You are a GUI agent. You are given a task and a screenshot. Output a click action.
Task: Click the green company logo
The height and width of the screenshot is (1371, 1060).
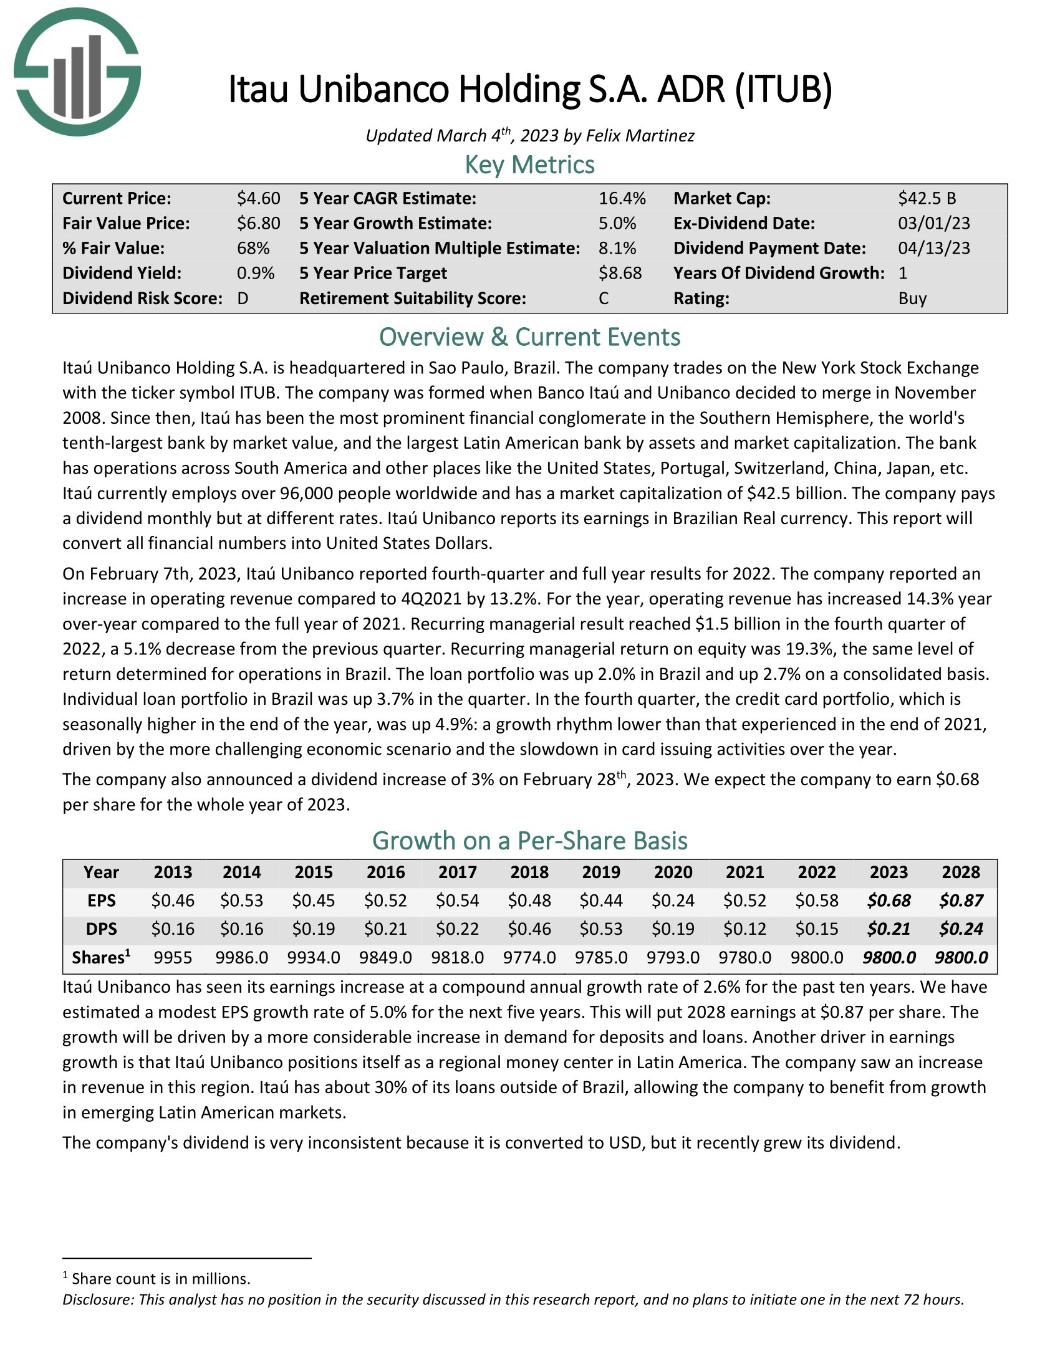coord(77,72)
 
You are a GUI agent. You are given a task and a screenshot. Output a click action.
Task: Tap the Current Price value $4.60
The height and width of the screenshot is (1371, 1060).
coord(258,198)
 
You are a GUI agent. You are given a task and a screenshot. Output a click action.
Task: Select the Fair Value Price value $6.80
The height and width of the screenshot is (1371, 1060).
coord(258,224)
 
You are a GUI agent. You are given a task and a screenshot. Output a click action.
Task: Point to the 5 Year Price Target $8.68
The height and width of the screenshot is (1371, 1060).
coord(620,273)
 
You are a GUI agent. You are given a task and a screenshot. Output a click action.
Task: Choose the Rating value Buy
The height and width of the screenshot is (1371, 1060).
coord(912,298)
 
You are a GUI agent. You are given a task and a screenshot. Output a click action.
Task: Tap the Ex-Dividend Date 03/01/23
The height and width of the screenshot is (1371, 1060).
coord(933,224)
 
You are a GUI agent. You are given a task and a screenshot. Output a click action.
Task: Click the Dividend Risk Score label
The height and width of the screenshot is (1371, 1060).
coord(142,298)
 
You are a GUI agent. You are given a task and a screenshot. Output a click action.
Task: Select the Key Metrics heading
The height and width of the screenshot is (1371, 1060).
coord(529,165)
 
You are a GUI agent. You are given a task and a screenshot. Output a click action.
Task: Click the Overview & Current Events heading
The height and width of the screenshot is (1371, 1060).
coord(529,338)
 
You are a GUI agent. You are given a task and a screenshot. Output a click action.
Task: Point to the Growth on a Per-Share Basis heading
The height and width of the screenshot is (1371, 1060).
coord(529,841)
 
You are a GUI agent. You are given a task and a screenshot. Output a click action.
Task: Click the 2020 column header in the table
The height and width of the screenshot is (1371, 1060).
coord(673,872)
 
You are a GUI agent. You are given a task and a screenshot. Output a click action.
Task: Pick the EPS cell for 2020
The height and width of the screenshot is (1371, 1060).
coord(673,901)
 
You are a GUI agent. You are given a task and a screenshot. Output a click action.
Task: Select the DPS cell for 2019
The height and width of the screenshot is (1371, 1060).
coord(601,929)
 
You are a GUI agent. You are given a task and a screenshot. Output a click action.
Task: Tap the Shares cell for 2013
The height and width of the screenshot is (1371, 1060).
coord(173,958)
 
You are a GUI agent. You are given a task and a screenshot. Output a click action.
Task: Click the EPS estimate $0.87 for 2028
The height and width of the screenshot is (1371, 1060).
coord(961,901)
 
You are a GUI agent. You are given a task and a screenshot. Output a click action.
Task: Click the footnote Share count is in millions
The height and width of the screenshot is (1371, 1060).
coord(161,1279)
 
